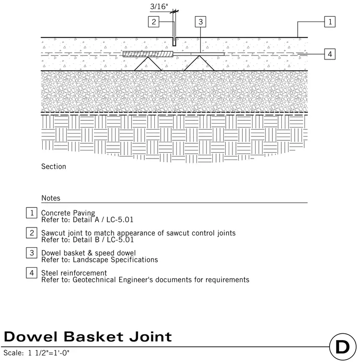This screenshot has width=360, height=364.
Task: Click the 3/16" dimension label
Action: [159, 6]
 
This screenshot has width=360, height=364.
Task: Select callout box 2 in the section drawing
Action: [153, 22]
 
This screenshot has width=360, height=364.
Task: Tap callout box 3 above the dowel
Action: [200, 22]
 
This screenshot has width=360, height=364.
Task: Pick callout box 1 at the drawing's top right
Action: [330, 22]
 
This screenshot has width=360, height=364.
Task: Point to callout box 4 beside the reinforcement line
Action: [330, 54]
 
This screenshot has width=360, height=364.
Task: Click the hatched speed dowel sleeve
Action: [148, 54]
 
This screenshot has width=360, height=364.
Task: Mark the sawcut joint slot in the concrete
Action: [174, 41]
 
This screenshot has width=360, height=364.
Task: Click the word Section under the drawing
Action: [54, 167]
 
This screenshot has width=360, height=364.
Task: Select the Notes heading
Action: [51, 198]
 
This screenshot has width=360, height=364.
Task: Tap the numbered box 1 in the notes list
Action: [32, 213]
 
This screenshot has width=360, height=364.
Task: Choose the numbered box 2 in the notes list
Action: [32, 233]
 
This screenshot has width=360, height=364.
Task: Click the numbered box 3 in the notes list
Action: [32, 253]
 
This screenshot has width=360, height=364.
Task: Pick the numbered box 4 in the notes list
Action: [32, 273]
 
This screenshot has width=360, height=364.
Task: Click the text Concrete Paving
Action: [68, 213]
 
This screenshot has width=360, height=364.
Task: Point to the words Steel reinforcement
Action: [74, 273]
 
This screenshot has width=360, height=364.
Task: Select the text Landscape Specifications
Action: [115, 260]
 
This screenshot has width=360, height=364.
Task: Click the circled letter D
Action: [343, 347]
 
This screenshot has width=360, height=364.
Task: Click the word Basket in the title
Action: [93, 337]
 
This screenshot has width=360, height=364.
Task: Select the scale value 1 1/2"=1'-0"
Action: [48, 353]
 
